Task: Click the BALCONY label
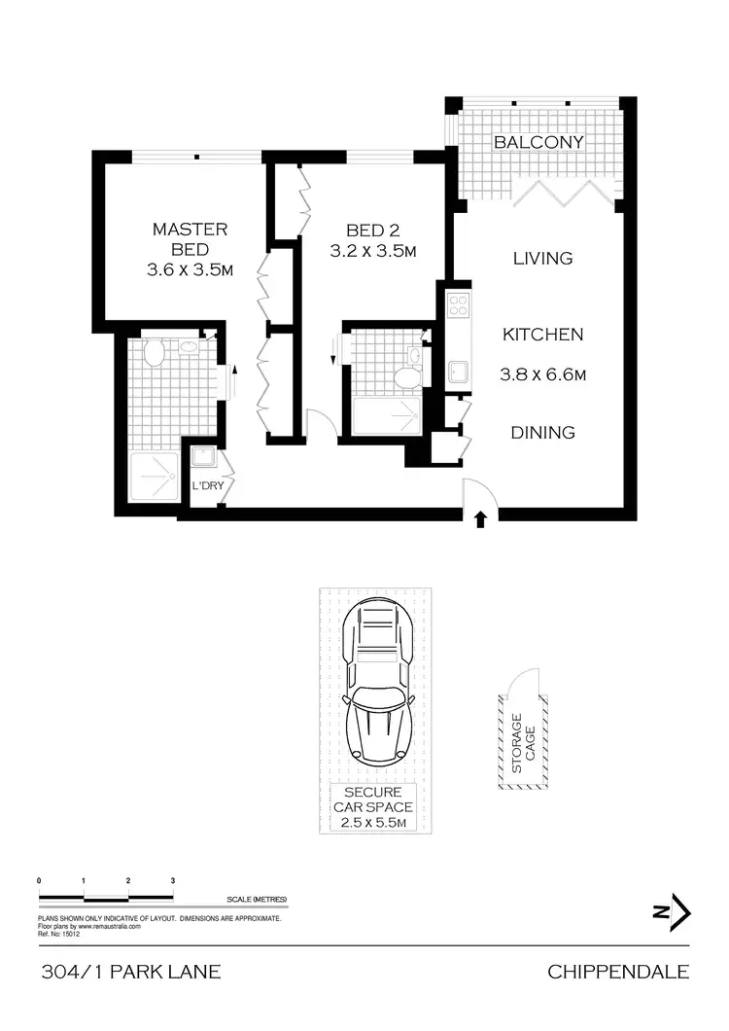[x=538, y=142]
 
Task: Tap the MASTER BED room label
[x=190, y=240]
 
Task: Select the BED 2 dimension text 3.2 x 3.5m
[x=373, y=251]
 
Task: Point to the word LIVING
[x=542, y=258]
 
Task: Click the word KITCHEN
[x=542, y=335]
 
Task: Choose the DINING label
[x=542, y=433]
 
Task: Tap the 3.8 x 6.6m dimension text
[x=542, y=374]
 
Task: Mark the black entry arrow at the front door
[x=478, y=519]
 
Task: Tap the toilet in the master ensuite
[x=153, y=351]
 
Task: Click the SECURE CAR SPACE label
[x=373, y=807]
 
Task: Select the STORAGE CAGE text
[x=524, y=743]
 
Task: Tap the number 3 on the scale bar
[x=172, y=880]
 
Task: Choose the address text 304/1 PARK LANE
[x=131, y=972]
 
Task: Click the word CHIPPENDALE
[x=618, y=972]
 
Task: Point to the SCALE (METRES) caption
[x=256, y=900]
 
